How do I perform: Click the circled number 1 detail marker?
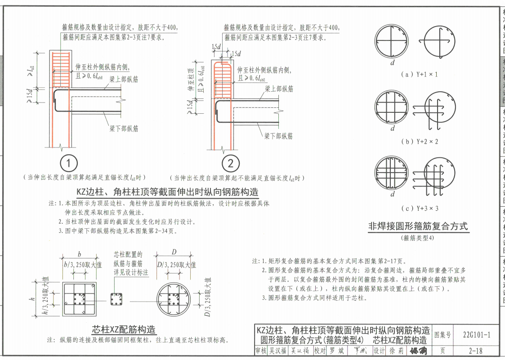68,163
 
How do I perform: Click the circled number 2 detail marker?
231,163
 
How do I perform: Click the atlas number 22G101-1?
476,334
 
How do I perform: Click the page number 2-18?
476,351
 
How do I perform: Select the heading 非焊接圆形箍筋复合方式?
418,226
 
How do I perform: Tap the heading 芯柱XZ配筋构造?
124,329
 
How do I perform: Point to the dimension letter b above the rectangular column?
79,254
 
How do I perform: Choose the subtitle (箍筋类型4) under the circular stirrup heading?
418,238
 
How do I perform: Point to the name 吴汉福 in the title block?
278,351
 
